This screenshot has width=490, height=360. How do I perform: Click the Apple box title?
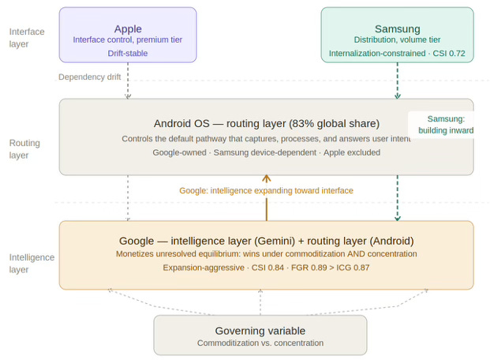128,28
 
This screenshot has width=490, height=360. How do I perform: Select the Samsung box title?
397,28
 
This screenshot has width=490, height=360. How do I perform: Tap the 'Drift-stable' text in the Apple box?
128,54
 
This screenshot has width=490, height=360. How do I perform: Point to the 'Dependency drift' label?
90,77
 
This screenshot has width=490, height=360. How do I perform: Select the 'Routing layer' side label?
24,150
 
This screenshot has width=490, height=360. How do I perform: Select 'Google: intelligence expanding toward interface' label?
266,190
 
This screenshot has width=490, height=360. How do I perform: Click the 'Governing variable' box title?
260,330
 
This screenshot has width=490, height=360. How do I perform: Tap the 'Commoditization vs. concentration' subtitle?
260,343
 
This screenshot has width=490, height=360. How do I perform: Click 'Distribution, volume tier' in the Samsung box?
397,40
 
